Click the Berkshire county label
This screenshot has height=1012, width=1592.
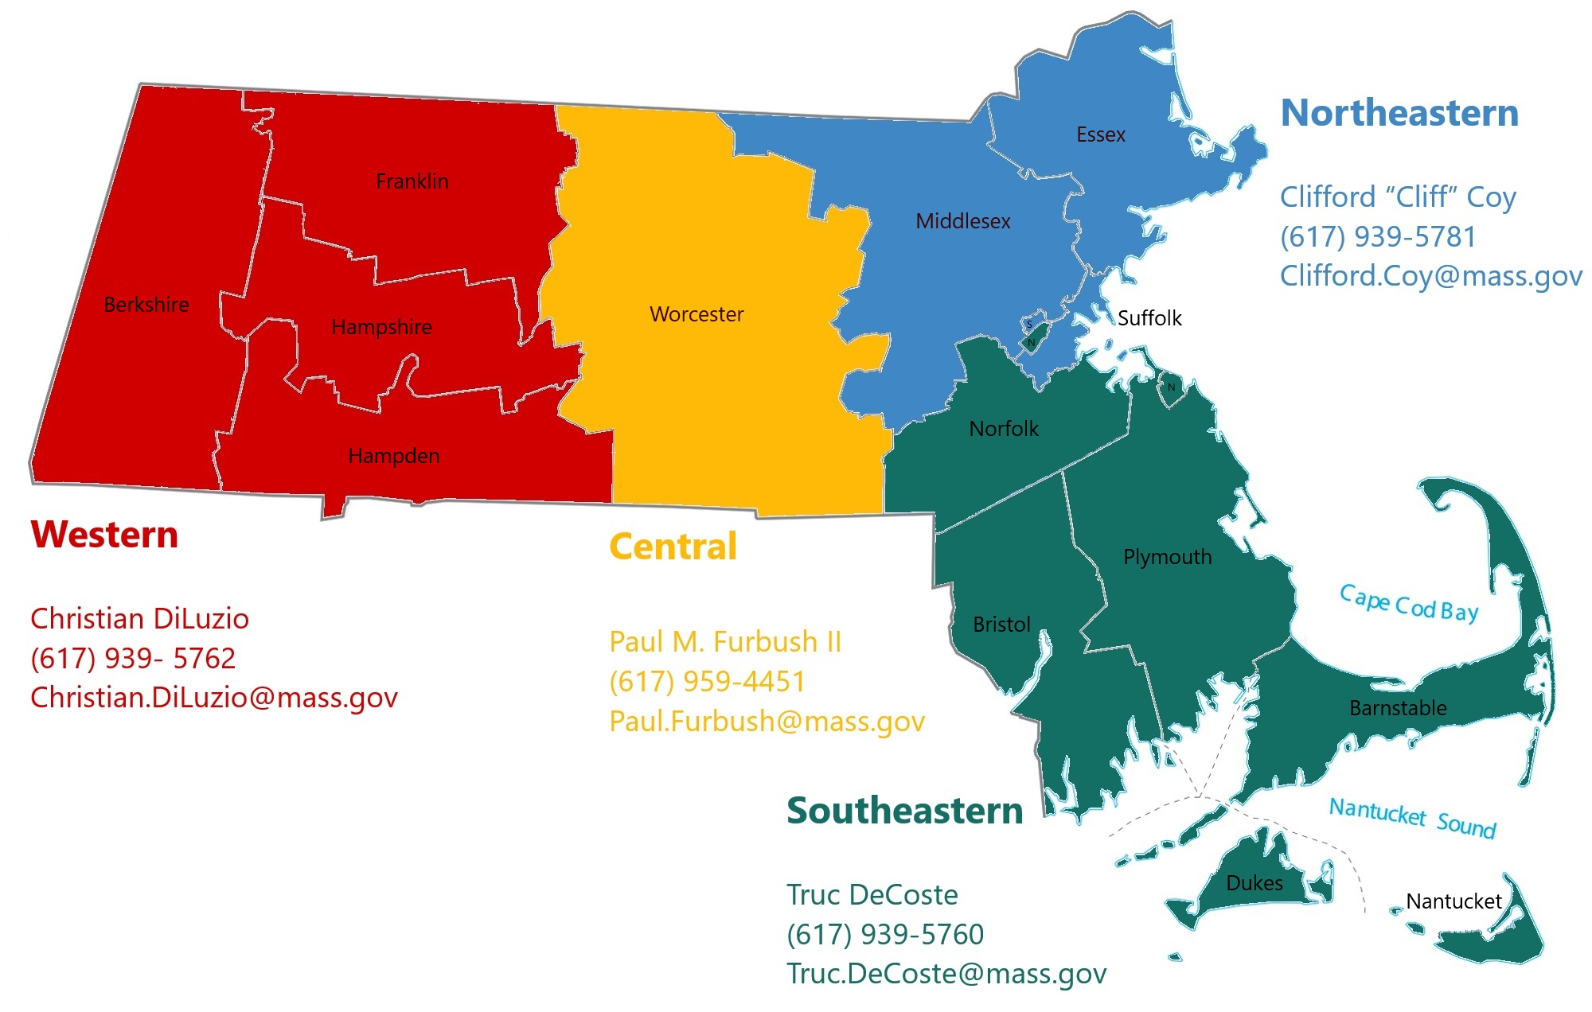click(x=146, y=305)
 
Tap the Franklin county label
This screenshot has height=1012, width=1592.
click(x=412, y=181)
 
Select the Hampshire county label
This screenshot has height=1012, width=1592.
click(x=381, y=327)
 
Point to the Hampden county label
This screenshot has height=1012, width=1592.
click(x=393, y=456)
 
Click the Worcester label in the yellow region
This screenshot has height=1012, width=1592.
click(x=696, y=314)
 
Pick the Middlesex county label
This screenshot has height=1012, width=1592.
click(x=962, y=221)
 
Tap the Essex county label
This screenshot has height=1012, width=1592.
click(x=1100, y=134)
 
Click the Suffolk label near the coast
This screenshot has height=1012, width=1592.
click(x=1149, y=318)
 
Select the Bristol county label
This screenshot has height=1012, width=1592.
click(x=1001, y=625)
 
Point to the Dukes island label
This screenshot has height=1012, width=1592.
click(x=1254, y=883)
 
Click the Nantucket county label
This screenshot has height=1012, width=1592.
click(x=1453, y=901)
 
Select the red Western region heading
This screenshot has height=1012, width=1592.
click(x=104, y=535)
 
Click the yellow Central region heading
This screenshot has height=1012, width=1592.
click(x=673, y=547)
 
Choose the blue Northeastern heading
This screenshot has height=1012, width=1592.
click(x=1399, y=113)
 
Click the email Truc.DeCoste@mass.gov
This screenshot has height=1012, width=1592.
click(x=946, y=973)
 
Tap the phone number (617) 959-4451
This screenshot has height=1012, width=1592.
click(x=707, y=681)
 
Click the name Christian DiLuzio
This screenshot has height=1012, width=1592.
click(x=139, y=618)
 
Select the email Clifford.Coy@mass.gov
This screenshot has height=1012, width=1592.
click(x=1430, y=275)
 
